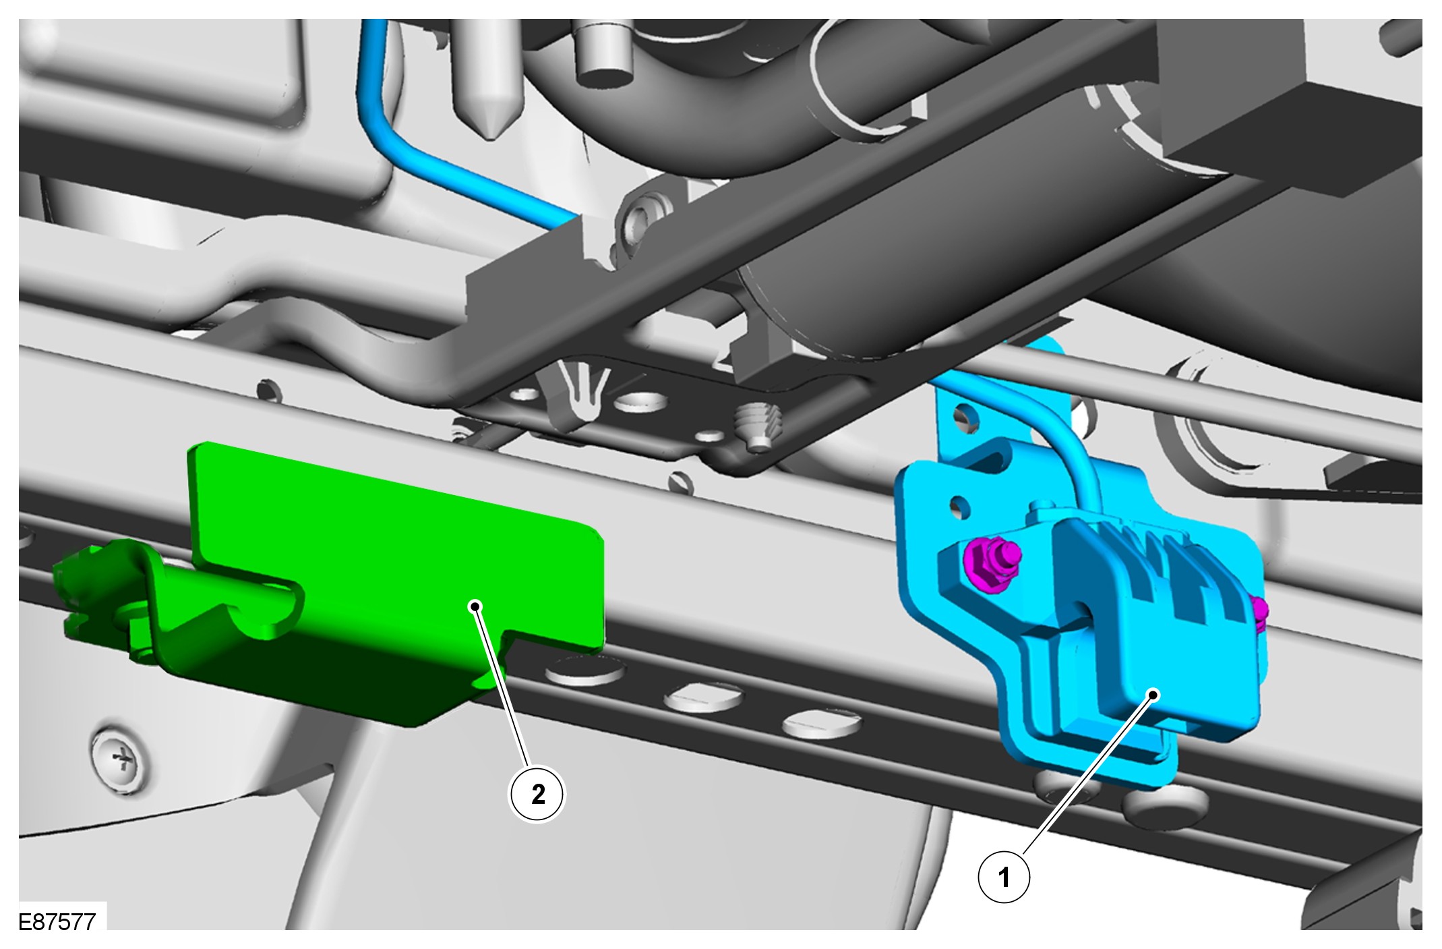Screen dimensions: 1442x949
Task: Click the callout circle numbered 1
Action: tap(1004, 877)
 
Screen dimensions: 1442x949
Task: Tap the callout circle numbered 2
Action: tap(537, 795)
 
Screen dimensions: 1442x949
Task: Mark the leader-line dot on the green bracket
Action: tap(476, 606)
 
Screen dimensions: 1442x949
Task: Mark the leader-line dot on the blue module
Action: tap(1154, 694)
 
